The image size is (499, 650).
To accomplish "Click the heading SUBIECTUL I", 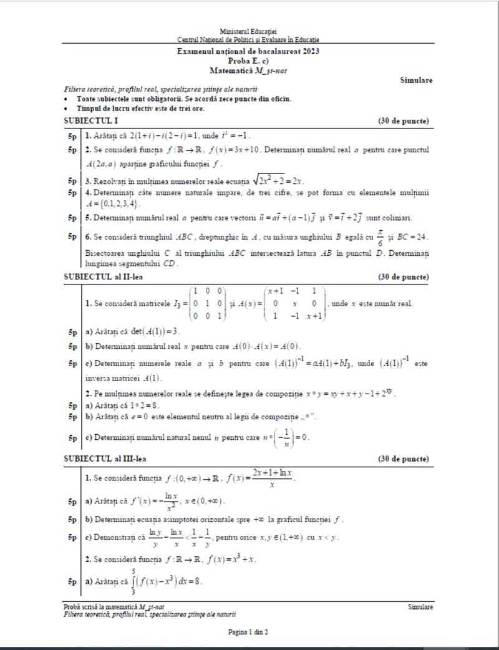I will (91, 120).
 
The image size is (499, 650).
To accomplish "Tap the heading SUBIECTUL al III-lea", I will (107, 458).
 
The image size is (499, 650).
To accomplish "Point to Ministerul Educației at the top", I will (248, 31).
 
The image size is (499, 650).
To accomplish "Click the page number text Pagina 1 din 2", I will (248, 632).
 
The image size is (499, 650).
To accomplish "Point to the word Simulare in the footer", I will (420, 607).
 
